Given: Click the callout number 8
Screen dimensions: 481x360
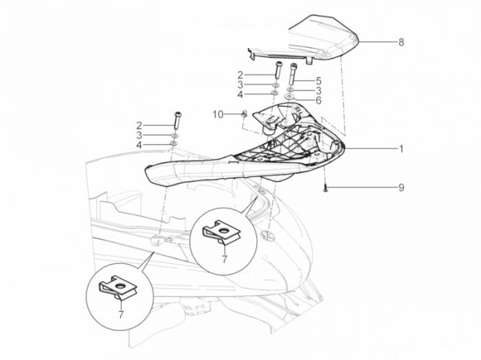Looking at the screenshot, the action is click(x=401, y=42).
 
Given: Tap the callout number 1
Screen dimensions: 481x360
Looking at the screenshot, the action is click(x=401, y=149).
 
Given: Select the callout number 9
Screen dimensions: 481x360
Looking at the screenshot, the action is click(x=401, y=188).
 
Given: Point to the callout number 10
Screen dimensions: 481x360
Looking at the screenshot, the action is click(x=218, y=115).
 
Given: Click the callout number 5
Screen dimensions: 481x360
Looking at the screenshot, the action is click(x=318, y=81).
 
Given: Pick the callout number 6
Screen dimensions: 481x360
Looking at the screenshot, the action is click(x=318, y=100).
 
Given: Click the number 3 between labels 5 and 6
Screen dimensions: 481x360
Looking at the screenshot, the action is click(x=318, y=91).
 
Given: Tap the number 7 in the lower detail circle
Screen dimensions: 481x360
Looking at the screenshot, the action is click(x=121, y=314).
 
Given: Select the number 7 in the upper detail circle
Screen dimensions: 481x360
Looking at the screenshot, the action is click(x=225, y=259).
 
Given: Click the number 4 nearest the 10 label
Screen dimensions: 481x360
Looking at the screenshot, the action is click(x=240, y=94).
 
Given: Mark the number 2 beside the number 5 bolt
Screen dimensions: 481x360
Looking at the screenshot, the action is click(x=240, y=75).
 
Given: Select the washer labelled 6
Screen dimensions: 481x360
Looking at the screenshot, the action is click(x=289, y=98).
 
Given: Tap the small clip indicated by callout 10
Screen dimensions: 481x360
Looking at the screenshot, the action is click(x=245, y=113).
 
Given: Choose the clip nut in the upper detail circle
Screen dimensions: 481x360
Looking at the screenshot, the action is click(x=221, y=232).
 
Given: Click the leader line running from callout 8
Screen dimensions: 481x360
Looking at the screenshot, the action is click(x=378, y=42).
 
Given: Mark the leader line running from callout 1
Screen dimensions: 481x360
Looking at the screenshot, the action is click(x=371, y=148).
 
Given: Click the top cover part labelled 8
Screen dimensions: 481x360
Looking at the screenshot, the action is click(x=306, y=40).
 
